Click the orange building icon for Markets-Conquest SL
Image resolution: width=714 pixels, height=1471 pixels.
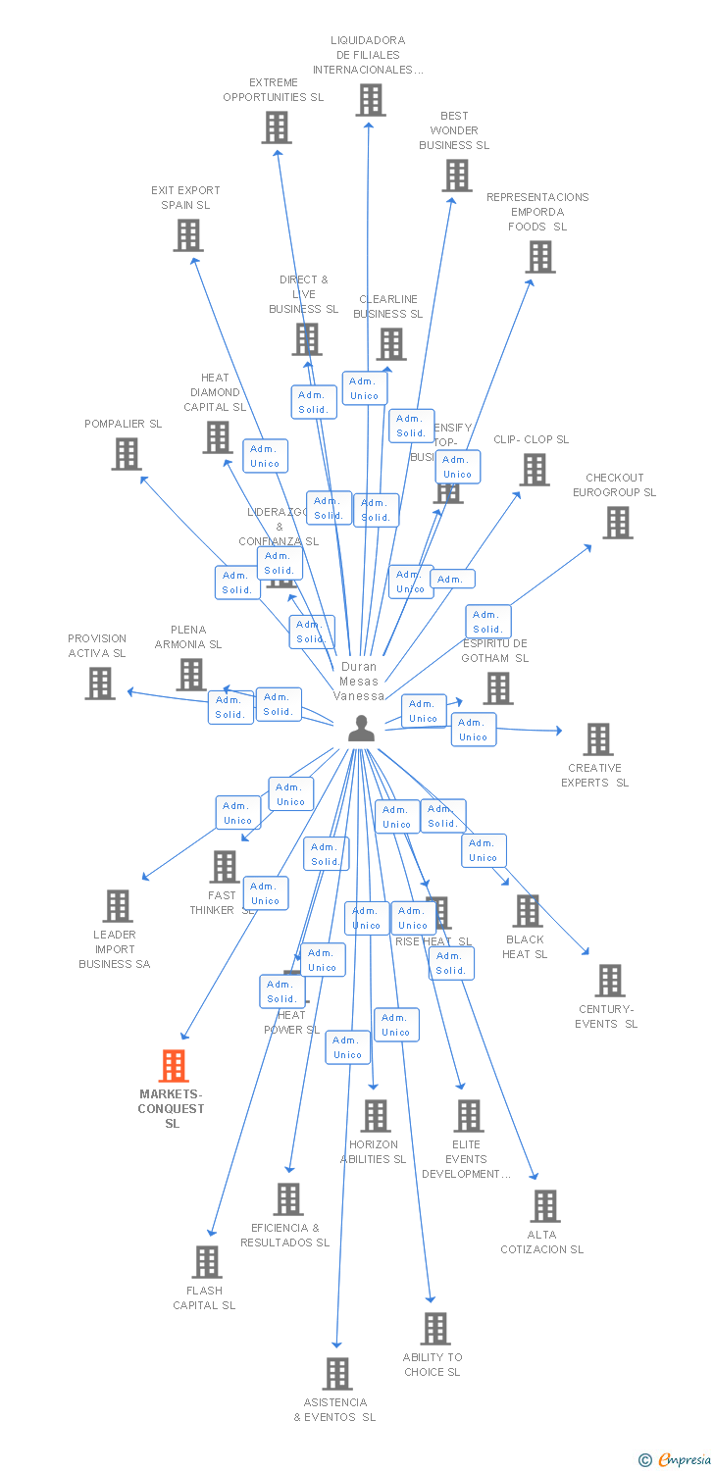pos(174,1066)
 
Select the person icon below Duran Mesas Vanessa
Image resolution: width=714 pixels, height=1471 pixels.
pos(361,729)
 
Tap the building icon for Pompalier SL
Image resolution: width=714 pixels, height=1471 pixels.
pos(127,454)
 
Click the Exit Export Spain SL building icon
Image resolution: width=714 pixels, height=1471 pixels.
pos(188,235)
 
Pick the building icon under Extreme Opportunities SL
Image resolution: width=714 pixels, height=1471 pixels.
pos(277,127)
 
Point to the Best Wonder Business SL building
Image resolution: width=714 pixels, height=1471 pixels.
pos(456,176)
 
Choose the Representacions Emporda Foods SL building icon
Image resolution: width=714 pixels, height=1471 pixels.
pos(539,257)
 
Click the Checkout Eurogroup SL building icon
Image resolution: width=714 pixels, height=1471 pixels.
pos(617,523)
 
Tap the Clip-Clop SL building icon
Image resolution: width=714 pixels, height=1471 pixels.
pos(535,470)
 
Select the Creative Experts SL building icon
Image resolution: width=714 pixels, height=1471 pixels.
pos(597,739)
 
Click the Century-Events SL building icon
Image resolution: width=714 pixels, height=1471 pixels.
pos(609,981)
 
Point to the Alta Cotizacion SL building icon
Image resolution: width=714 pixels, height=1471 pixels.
pos(544,1206)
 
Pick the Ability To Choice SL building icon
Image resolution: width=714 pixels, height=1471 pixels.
pos(434,1329)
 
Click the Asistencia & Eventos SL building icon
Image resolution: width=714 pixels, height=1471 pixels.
pos(337,1374)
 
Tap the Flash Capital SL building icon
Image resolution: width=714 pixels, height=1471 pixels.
pos(207,1262)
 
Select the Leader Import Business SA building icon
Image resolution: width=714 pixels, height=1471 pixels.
pos(117,906)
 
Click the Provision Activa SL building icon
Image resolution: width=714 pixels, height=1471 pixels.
pos(100,684)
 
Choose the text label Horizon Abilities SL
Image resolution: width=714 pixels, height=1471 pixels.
pos(373,1151)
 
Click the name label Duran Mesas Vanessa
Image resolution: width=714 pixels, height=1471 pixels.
pos(359,681)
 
